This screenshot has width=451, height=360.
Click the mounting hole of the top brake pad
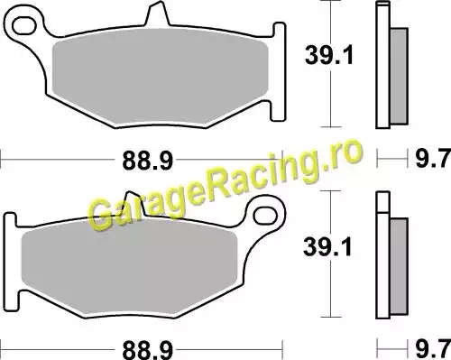click(x=24, y=26)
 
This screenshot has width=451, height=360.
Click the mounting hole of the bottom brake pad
click(x=265, y=215)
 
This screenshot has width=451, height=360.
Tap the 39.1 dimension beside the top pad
click(x=329, y=55)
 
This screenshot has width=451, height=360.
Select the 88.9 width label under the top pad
click(x=147, y=161)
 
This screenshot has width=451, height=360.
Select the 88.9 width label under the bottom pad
click(x=147, y=350)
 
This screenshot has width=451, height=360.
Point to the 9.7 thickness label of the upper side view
click(x=433, y=159)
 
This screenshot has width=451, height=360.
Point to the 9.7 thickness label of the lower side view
click(x=433, y=349)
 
